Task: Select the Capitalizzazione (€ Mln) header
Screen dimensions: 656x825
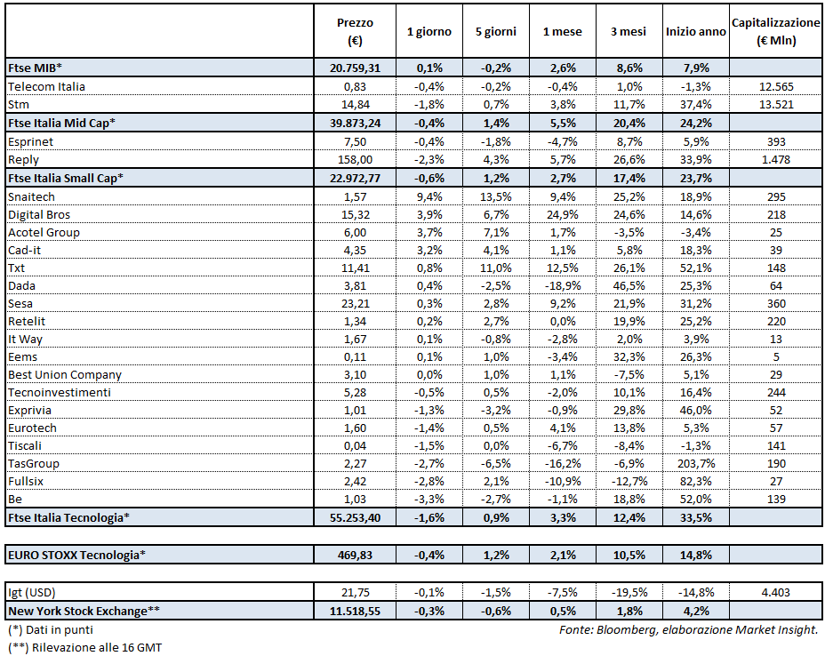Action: [x=775, y=31]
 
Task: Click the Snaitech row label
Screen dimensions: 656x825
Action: [x=33, y=196]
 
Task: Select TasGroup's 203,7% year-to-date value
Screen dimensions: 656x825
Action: [x=695, y=462]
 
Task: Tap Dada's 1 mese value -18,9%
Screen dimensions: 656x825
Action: [x=562, y=285]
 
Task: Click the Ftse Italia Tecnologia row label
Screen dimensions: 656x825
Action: [x=68, y=516]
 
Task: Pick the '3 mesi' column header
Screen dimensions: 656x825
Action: [x=629, y=31]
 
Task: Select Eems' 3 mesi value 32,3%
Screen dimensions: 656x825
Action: [x=629, y=356]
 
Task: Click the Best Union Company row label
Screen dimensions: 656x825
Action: [x=64, y=374]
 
